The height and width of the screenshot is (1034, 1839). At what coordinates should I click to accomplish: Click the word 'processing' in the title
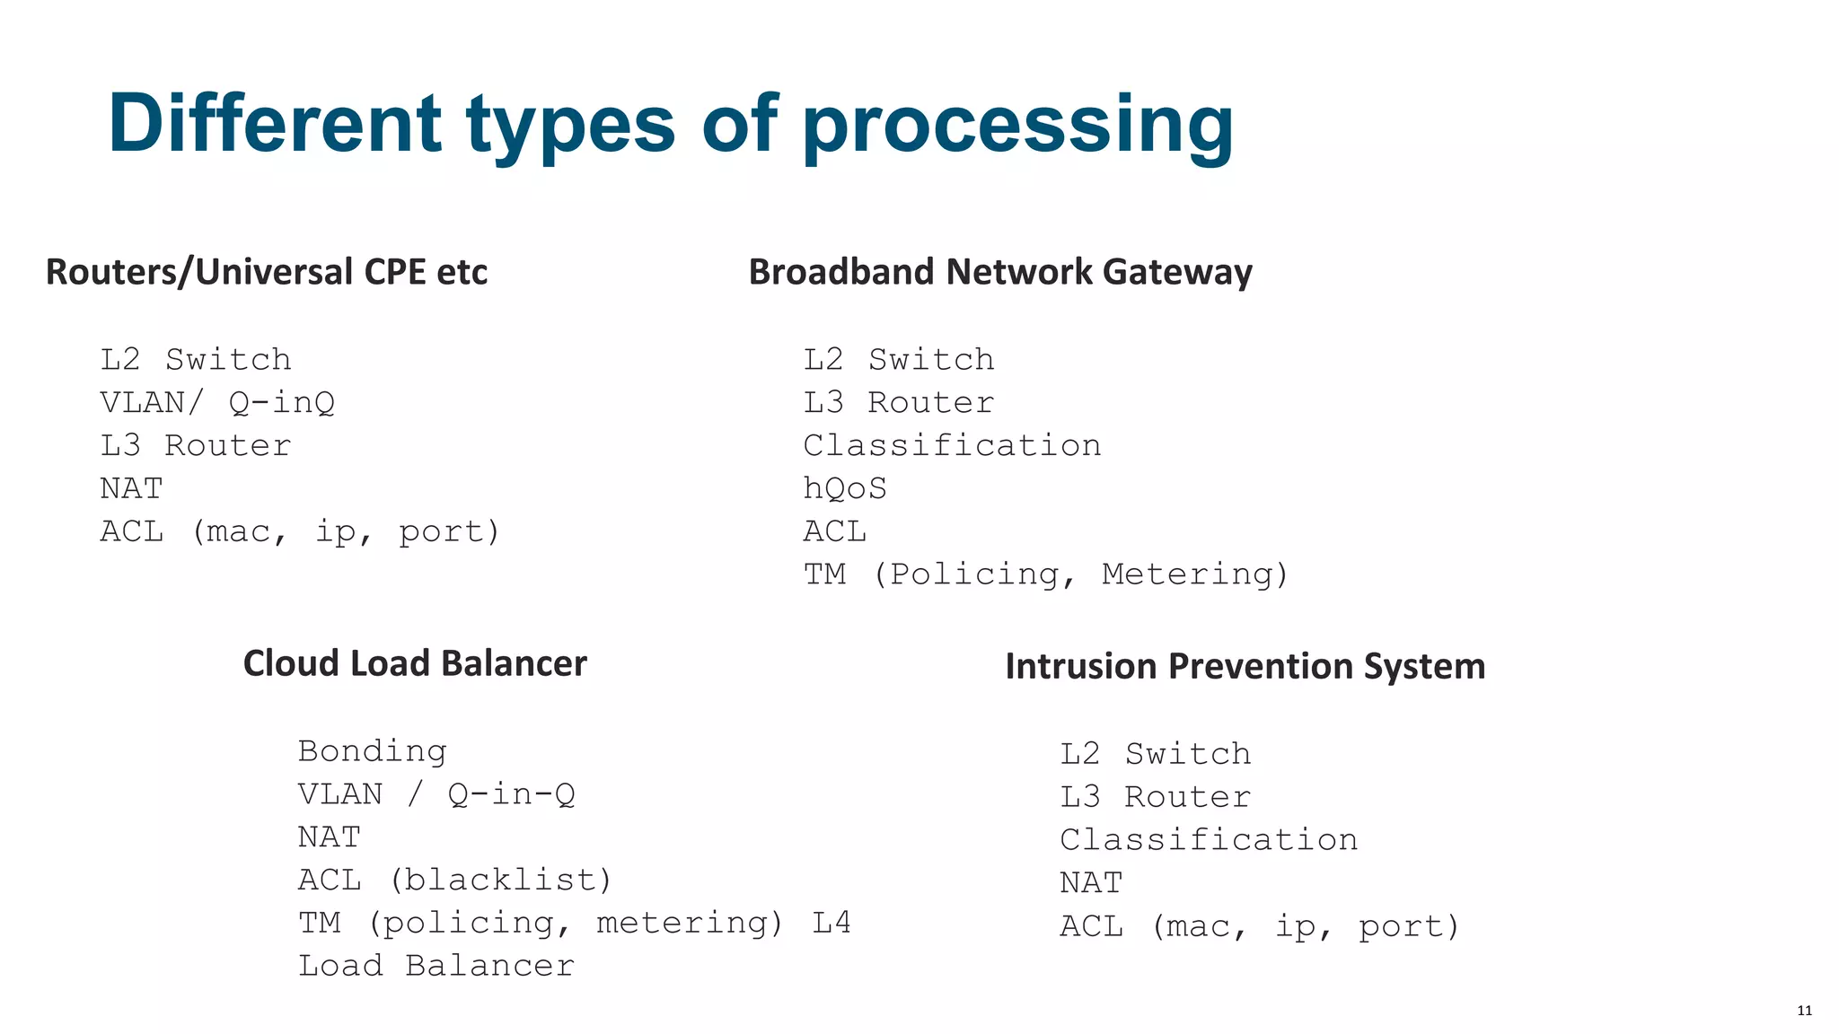[x=1017, y=126]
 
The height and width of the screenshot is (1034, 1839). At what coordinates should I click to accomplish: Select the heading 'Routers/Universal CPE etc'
[x=267, y=272]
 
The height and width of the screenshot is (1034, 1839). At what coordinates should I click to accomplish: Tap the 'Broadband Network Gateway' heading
[x=1000, y=272]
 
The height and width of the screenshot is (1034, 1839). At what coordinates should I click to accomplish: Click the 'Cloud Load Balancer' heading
[x=415, y=663]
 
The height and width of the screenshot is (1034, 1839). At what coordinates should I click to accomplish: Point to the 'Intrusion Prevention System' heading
[x=1245, y=666]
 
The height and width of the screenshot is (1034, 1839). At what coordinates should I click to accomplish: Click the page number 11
[x=1804, y=1011]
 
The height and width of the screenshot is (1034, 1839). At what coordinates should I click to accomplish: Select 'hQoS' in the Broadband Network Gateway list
[x=844, y=488]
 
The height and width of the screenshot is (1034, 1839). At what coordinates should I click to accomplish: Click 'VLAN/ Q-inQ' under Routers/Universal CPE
[x=217, y=402]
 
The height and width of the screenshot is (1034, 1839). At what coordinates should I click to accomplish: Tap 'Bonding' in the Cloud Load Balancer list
[x=372, y=750]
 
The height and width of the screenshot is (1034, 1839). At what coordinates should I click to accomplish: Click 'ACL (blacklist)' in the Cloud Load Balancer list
[x=454, y=880]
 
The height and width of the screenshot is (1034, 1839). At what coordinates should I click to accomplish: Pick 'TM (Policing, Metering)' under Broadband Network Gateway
[x=1045, y=574]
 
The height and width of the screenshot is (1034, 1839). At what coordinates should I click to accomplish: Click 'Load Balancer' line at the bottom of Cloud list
[x=436, y=966]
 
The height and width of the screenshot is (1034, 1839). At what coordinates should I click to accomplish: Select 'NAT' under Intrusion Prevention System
[x=1091, y=883]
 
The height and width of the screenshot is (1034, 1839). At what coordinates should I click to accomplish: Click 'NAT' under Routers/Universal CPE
[x=131, y=488]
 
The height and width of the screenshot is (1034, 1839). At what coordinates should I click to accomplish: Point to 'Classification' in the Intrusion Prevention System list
[x=1209, y=840]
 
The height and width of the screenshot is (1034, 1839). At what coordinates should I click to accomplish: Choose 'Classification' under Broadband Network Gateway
[x=952, y=445]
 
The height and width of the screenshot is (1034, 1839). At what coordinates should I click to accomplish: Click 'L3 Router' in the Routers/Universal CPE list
[x=196, y=445]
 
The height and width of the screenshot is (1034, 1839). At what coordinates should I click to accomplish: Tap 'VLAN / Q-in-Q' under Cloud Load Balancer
[x=436, y=793]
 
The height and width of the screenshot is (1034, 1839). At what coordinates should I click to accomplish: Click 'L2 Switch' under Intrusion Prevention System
[x=1155, y=754]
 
